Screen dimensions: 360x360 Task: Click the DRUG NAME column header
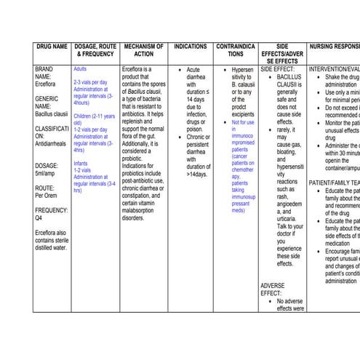(x=52, y=47)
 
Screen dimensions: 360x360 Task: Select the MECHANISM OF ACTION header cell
(x=144, y=50)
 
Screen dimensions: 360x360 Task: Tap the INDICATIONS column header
(x=190, y=47)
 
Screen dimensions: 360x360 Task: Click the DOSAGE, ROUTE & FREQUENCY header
(x=95, y=50)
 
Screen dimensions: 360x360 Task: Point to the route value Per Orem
(x=48, y=196)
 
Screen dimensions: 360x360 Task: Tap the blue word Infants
(x=81, y=164)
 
